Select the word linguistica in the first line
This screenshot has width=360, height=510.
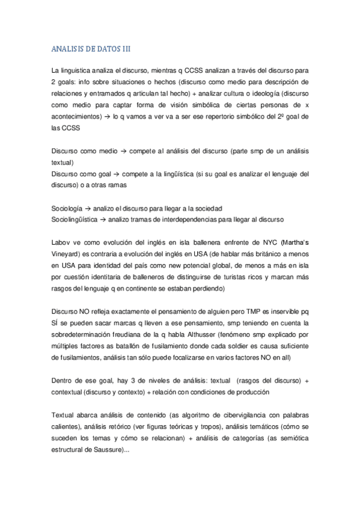click(75, 69)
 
